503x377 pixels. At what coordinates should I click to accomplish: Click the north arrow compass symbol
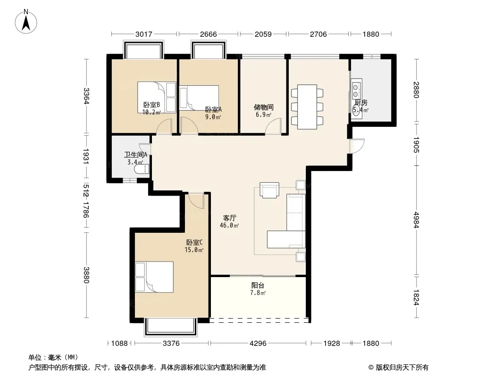click(x=26, y=21)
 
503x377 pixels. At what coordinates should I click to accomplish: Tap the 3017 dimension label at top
click(x=144, y=34)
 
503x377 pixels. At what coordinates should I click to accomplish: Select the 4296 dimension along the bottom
click(x=258, y=344)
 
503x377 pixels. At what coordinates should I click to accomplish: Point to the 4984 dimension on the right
click(x=416, y=220)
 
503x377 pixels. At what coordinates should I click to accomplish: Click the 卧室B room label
click(x=151, y=105)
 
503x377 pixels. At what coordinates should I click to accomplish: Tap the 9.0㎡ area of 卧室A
click(x=213, y=117)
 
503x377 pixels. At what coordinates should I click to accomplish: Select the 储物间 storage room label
click(x=263, y=107)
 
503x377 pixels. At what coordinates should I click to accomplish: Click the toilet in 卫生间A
click(x=142, y=169)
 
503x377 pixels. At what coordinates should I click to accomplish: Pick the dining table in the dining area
click(x=307, y=107)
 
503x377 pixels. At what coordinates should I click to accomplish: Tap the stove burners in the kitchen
click(x=356, y=90)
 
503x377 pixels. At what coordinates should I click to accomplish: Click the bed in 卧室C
click(x=154, y=277)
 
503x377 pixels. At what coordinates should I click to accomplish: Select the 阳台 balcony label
click(x=258, y=285)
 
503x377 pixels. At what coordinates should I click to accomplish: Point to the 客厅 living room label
click(x=230, y=218)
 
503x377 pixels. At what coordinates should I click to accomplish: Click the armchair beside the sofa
click(x=269, y=190)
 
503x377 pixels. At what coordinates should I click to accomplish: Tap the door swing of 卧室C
click(x=196, y=201)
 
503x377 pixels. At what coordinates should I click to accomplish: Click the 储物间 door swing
click(x=274, y=126)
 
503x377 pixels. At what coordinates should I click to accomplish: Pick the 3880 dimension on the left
click(x=86, y=275)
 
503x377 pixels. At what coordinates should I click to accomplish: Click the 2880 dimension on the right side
click(x=416, y=90)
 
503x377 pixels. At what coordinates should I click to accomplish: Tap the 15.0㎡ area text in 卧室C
click(x=194, y=250)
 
